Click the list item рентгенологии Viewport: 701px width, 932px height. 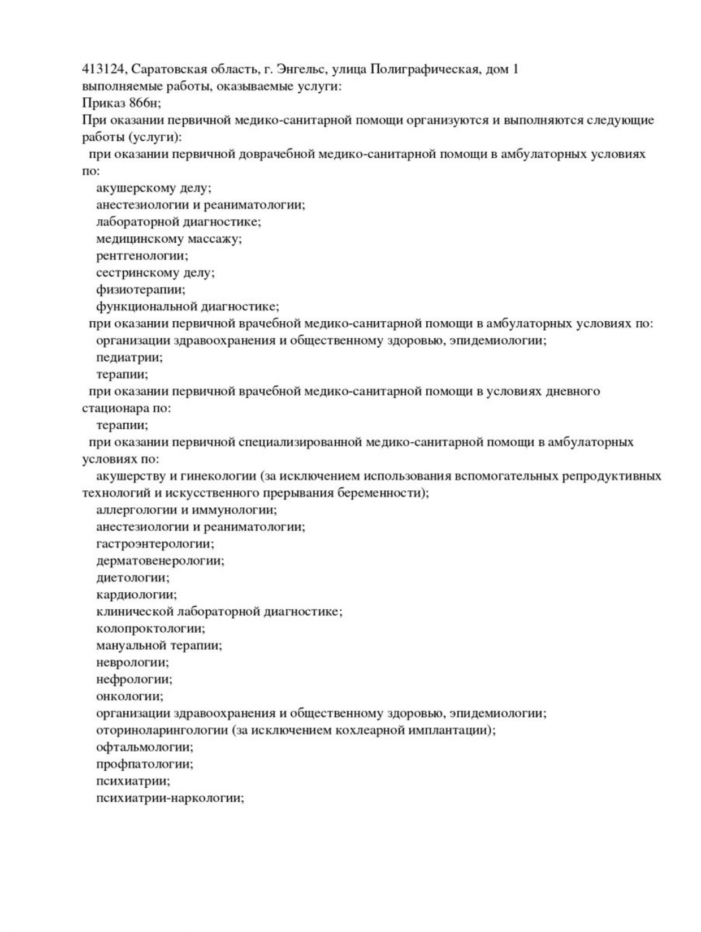pos(142,256)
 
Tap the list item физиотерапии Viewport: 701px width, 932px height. pos(140,290)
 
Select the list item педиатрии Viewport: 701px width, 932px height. pos(129,357)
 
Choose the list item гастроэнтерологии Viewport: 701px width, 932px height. pos(155,543)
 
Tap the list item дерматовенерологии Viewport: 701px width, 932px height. pos(160,560)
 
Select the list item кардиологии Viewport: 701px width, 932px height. pos(136,594)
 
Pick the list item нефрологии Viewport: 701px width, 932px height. pos(134,679)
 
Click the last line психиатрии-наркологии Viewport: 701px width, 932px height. pos(170,798)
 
